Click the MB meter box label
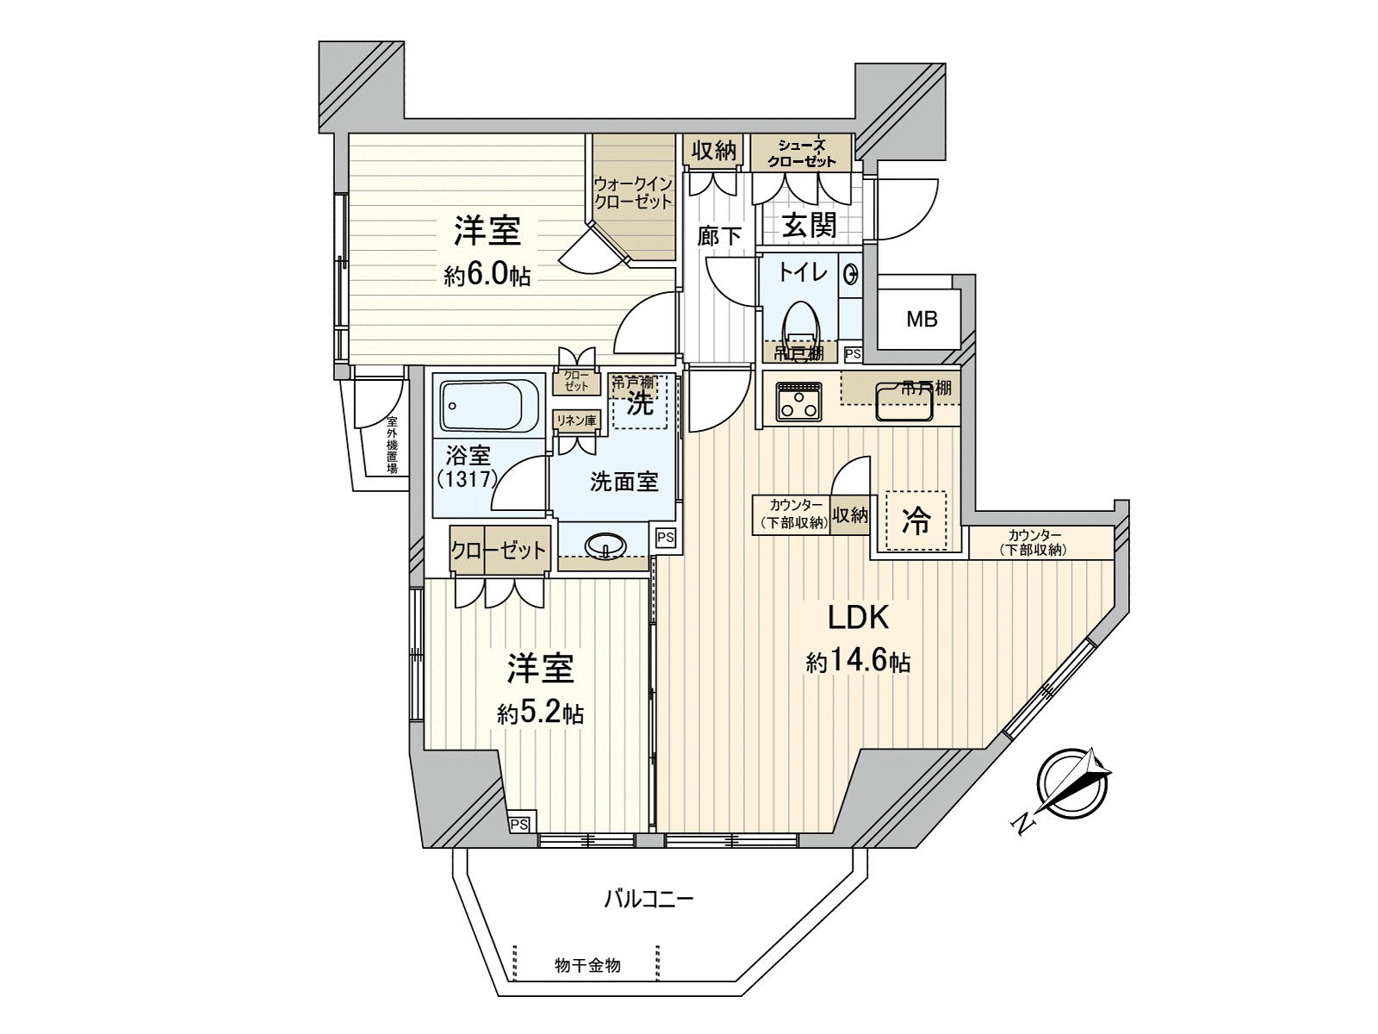point(921,320)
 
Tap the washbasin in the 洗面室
point(605,546)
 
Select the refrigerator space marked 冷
point(916,520)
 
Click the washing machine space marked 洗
point(639,402)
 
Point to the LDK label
point(858,618)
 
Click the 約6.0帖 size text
point(487,276)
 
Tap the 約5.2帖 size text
point(540,713)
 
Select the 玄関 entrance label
point(810,226)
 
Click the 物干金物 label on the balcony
point(587,965)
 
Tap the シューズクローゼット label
point(802,153)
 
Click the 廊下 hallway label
point(719,234)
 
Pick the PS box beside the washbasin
point(665,537)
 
